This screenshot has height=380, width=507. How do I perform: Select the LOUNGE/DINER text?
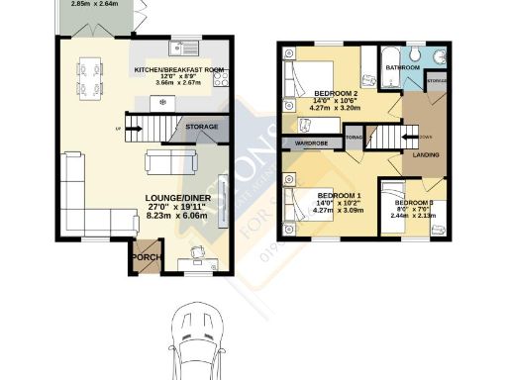174,198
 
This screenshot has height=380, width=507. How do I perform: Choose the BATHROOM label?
403,67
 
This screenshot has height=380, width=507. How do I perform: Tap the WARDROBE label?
311,143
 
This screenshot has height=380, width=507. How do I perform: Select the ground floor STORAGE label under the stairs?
202,127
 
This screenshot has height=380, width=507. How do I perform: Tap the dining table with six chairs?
89,79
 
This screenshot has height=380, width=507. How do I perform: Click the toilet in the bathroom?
420,54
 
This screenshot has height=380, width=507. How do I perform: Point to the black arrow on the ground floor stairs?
136,130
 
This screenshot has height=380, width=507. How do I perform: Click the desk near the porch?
199,260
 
